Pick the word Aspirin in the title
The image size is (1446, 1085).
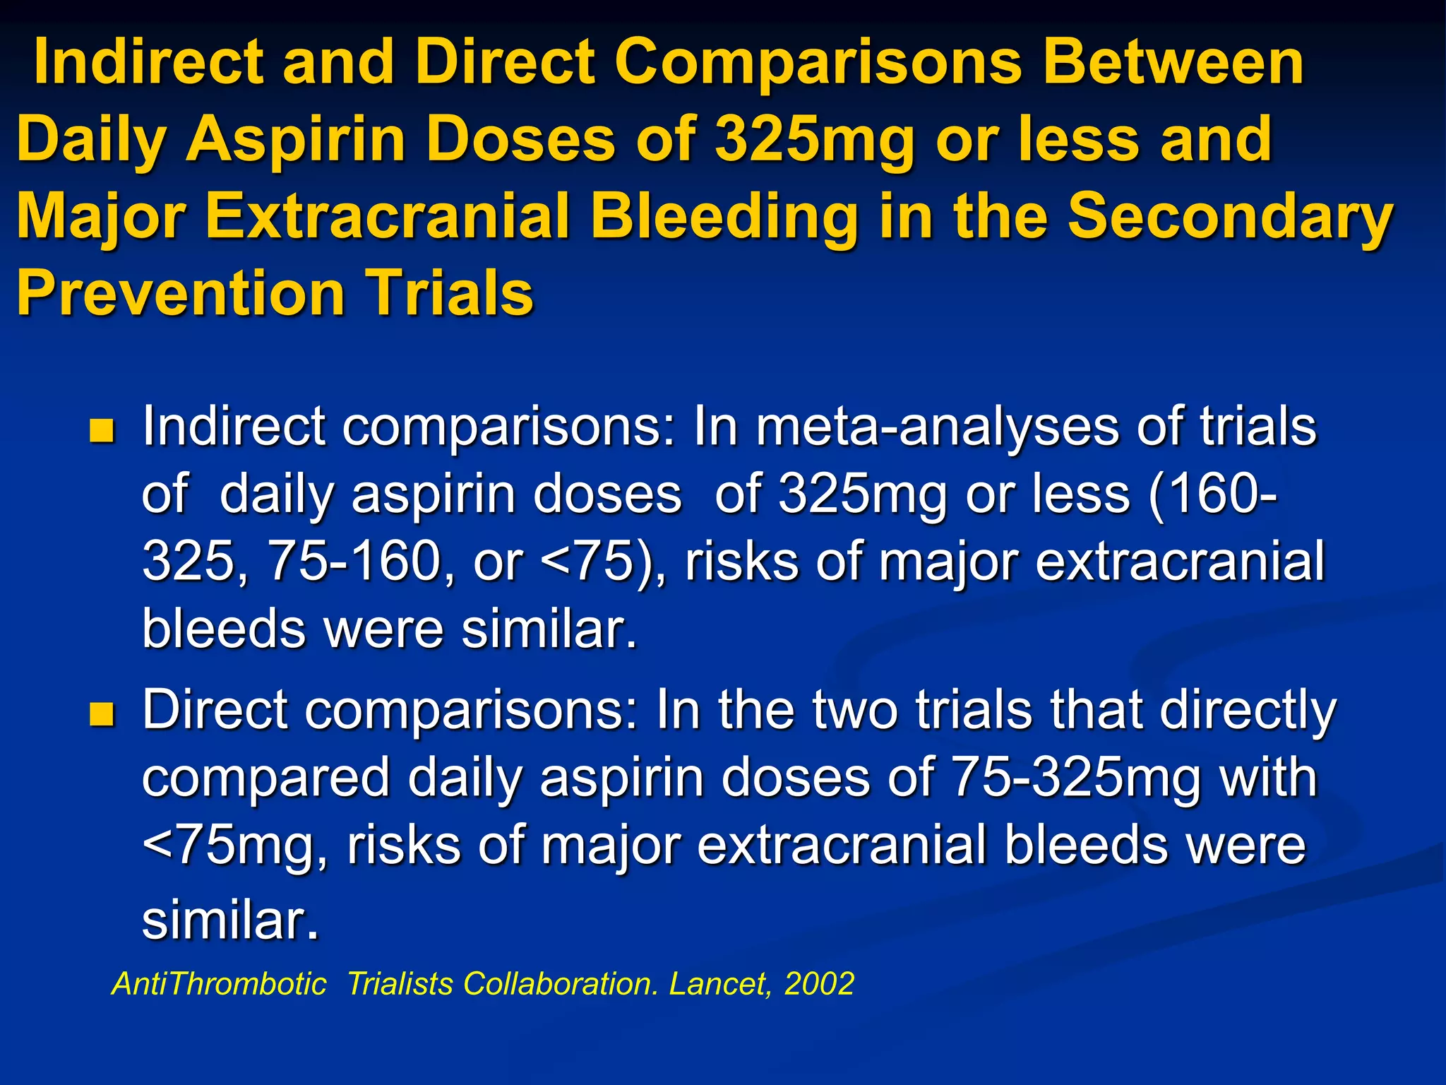tap(295, 139)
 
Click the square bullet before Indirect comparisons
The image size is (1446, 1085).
tap(102, 430)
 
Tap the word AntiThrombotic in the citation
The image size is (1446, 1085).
tap(219, 984)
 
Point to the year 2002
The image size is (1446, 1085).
tap(819, 984)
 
